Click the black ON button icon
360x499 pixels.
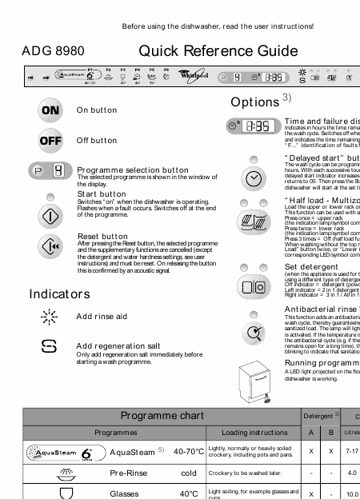tap(50, 110)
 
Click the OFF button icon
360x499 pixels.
tap(50, 140)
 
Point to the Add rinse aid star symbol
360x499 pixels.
tap(50, 317)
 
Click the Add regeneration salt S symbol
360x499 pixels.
tap(50, 347)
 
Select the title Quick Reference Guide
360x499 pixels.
tap(213, 52)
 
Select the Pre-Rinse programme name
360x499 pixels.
tap(127, 473)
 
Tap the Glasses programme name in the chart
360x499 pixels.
tap(124, 493)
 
